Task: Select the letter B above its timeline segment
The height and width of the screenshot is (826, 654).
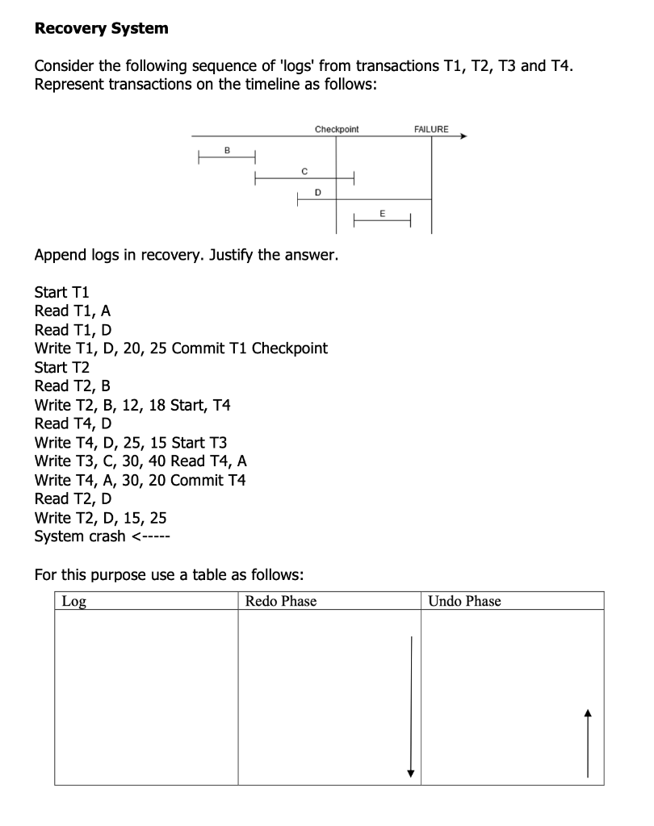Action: pyautogui.click(x=227, y=149)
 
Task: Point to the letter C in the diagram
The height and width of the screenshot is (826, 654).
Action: pyautogui.click(x=304, y=170)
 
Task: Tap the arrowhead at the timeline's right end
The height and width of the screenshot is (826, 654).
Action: pyautogui.click(x=463, y=137)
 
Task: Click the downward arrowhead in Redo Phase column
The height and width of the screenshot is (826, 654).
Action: pyautogui.click(x=411, y=773)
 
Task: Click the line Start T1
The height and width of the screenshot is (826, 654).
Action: pyautogui.click(x=61, y=292)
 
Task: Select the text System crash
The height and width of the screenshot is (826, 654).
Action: pyautogui.click(x=80, y=536)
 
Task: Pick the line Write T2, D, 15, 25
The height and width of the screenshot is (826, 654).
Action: pyautogui.click(x=101, y=518)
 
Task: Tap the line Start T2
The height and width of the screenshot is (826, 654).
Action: pyautogui.click(x=61, y=367)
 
